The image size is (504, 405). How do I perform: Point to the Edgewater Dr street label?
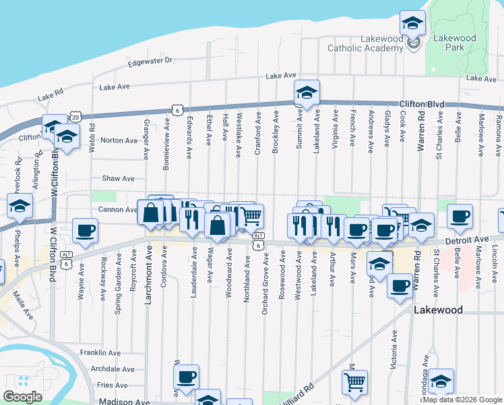pyautogui.click(x=150, y=61)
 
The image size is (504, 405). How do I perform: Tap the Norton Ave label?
pyautogui.click(x=119, y=140)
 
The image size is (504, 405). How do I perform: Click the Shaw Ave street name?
pyautogui.click(x=118, y=179)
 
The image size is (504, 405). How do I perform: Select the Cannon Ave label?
pyautogui.click(x=113, y=210)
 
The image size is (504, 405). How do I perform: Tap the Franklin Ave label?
pyautogui.click(x=100, y=352)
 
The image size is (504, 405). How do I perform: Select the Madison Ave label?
pyautogui.click(x=124, y=402)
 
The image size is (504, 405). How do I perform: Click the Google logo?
pyautogui.click(x=22, y=397)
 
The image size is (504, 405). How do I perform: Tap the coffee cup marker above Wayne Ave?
pyautogui.click(x=86, y=231)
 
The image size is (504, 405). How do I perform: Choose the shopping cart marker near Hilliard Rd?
pyautogui.click(x=354, y=383)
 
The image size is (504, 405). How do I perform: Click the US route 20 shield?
pyautogui.click(x=75, y=117)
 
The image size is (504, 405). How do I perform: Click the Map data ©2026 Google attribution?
pyautogui.click(x=462, y=400)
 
